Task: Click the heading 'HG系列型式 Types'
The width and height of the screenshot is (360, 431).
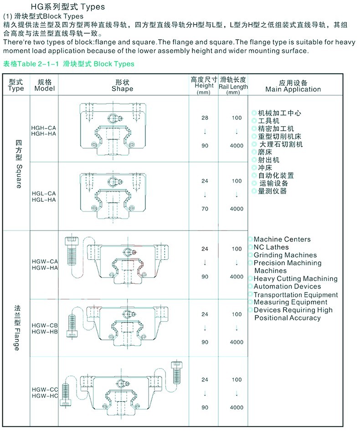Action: coord(67,7)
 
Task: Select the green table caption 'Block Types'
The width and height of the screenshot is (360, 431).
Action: coord(114,64)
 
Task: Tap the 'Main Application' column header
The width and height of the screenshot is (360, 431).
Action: coord(293,89)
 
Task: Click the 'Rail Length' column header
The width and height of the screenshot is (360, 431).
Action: coord(233,87)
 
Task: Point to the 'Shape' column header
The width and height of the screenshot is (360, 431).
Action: coord(122,89)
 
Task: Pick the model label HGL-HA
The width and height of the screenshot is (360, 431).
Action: coord(44,200)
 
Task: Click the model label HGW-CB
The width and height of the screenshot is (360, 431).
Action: coord(45,325)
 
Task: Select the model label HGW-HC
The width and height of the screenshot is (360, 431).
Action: coord(45,396)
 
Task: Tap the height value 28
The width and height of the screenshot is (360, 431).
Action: coord(205,118)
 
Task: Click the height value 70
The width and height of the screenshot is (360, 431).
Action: coord(205,209)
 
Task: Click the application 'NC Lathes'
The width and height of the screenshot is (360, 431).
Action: coord(271,247)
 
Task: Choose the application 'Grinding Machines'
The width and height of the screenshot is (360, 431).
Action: coord(285,255)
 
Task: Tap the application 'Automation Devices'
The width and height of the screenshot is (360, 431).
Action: coord(287,287)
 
